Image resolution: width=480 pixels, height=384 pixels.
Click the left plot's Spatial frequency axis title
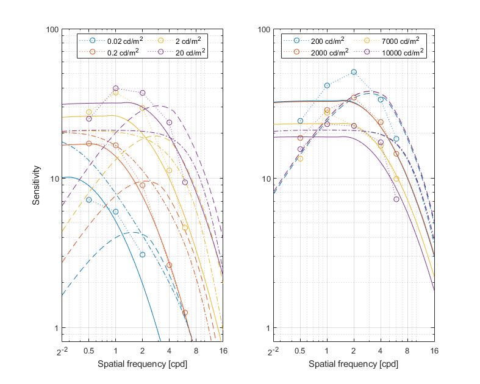pyautogui.click(x=142, y=364)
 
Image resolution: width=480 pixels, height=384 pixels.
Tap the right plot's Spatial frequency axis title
pyautogui.click(x=353, y=364)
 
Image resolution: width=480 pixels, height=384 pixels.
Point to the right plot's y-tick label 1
pyautogui.click(x=266, y=328)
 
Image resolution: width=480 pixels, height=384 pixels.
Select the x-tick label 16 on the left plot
pyautogui.click(x=223, y=352)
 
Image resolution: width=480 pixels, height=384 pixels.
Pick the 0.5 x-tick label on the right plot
pyautogui.click(x=299, y=352)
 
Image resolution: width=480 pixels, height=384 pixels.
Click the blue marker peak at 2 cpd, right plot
pyautogui.click(x=354, y=72)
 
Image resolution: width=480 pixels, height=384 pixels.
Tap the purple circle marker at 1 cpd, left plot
pyautogui.click(x=116, y=88)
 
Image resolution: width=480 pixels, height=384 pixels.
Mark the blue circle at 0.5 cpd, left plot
pyautogui.click(x=89, y=200)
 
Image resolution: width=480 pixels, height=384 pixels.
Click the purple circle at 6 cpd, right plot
pyautogui.click(x=396, y=199)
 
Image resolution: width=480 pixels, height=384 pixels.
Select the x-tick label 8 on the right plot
pyautogui.click(x=407, y=352)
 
